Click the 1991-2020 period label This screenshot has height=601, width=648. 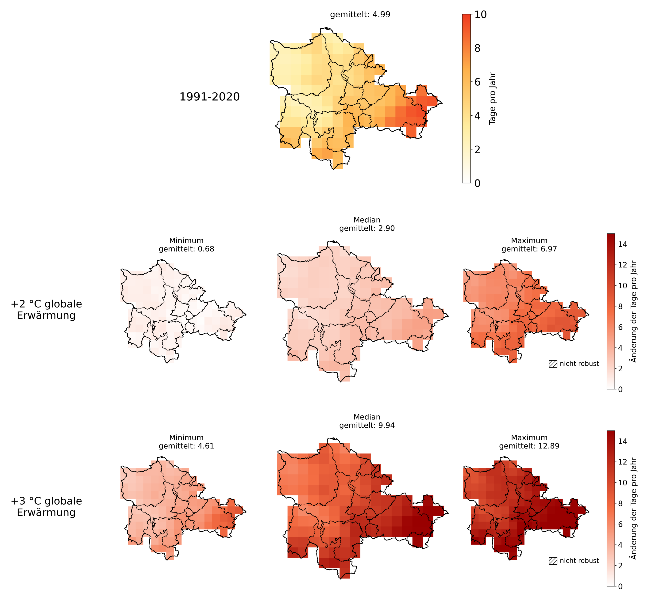[210, 97]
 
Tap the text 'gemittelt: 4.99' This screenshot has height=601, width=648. [360, 15]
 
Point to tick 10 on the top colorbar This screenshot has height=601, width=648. [480, 14]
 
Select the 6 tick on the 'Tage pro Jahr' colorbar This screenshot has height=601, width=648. [477, 82]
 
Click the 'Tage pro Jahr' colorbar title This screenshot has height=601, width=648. [492, 99]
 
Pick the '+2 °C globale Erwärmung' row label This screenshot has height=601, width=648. [46, 310]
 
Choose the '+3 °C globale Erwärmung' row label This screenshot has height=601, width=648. [46, 507]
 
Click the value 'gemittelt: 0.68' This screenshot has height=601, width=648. [186, 249]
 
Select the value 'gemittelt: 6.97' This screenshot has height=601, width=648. [529, 249]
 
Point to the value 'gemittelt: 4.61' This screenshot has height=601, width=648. [186, 446]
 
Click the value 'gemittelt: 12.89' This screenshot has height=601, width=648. [529, 446]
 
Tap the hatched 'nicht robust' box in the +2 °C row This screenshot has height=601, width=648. [553, 364]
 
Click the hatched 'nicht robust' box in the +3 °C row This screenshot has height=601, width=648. [553, 561]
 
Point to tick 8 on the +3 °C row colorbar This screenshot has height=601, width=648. [620, 503]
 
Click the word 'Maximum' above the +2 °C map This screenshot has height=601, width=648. [529, 241]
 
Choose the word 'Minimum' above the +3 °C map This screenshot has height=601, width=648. [186, 438]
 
